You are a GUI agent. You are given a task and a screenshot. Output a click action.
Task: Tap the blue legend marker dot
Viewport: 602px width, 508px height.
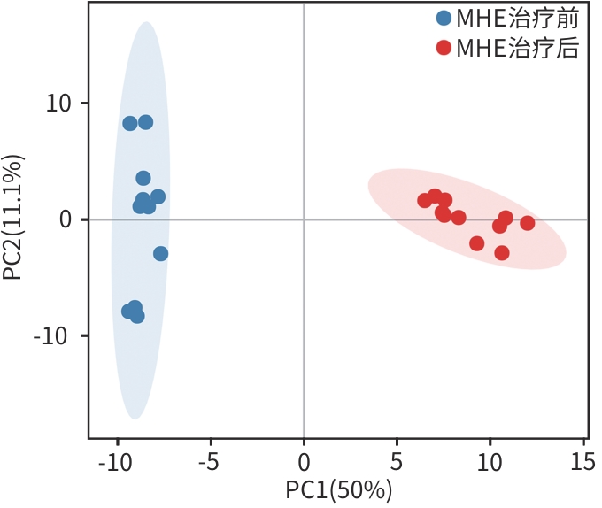444,18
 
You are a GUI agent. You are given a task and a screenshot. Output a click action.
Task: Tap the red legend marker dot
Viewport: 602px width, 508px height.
444,48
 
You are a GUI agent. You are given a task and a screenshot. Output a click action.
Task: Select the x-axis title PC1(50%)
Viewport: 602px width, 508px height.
339,489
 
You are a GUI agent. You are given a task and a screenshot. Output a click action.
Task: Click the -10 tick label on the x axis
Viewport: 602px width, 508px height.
112,461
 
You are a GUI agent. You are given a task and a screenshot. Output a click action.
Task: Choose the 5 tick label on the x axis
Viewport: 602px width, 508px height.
397,461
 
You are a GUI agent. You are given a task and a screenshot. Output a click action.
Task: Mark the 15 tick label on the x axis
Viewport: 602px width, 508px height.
582,461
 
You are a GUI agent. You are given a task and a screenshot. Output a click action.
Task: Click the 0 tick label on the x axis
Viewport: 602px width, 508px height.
304,461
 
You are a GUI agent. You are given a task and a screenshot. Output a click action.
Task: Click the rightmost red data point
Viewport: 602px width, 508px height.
528,223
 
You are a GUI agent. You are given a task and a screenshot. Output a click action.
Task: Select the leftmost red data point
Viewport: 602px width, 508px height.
425,201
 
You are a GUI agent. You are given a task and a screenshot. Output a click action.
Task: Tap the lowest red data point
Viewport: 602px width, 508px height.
502,253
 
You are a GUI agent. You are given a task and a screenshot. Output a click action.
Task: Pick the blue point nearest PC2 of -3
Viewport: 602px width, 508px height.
160,254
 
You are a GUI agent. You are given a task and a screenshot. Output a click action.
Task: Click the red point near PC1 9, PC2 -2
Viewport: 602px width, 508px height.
477,243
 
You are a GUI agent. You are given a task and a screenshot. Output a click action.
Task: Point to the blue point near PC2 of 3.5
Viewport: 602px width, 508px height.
143,178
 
